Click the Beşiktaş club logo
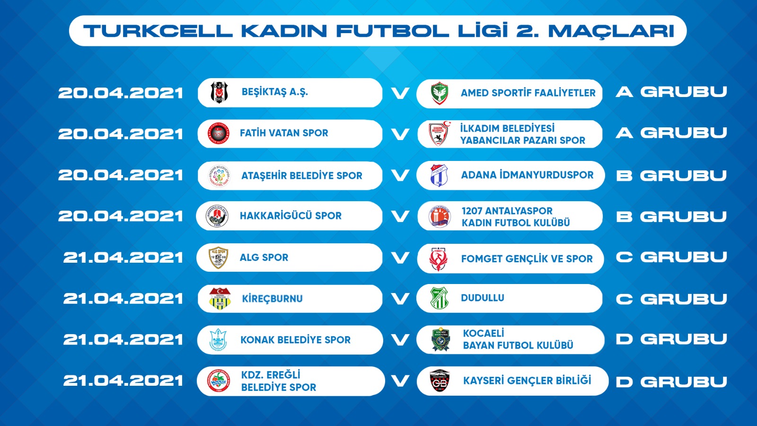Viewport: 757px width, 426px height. [x=219, y=92]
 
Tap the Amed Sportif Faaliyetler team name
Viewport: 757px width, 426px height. [x=528, y=93]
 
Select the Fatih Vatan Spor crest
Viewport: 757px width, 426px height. [x=218, y=133]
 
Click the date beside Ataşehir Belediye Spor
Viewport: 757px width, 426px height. [x=121, y=175]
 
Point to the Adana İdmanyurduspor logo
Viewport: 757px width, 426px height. [x=439, y=175]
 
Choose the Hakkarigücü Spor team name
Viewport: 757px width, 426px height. [x=290, y=216]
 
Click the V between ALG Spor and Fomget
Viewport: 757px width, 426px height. [x=400, y=258]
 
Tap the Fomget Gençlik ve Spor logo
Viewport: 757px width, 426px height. [x=439, y=259]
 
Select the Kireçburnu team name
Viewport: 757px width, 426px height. [x=273, y=299]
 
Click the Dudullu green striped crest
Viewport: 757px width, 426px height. [x=440, y=298]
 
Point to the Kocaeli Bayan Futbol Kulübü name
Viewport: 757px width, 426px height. [x=518, y=339]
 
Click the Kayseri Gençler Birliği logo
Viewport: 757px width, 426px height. [x=440, y=381]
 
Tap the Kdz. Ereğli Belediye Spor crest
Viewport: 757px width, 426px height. [x=218, y=381]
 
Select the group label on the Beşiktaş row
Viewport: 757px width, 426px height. [x=671, y=92]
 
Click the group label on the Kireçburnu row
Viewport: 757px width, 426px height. [x=671, y=299]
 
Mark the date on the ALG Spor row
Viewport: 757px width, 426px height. [x=123, y=258]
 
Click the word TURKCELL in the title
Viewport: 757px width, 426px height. [x=158, y=31]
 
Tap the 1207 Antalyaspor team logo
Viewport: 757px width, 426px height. [x=440, y=216]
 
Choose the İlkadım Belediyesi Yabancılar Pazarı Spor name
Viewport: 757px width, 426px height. [x=522, y=134]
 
